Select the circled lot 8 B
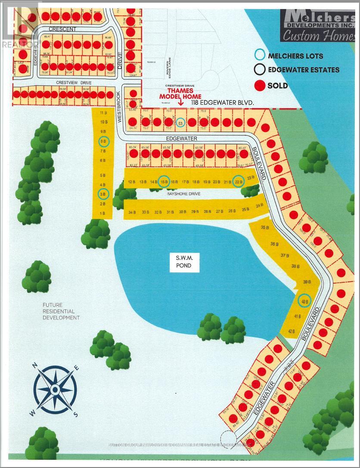coord(104,141)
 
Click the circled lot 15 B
coord(164,182)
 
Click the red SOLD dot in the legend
coord(260,85)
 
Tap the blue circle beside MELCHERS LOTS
coord(260,55)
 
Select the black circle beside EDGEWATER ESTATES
coord(260,70)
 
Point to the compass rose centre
coord(56,389)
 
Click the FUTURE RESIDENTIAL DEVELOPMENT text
coord(61,311)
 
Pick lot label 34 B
coord(132,212)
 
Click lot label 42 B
coord(291,331)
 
